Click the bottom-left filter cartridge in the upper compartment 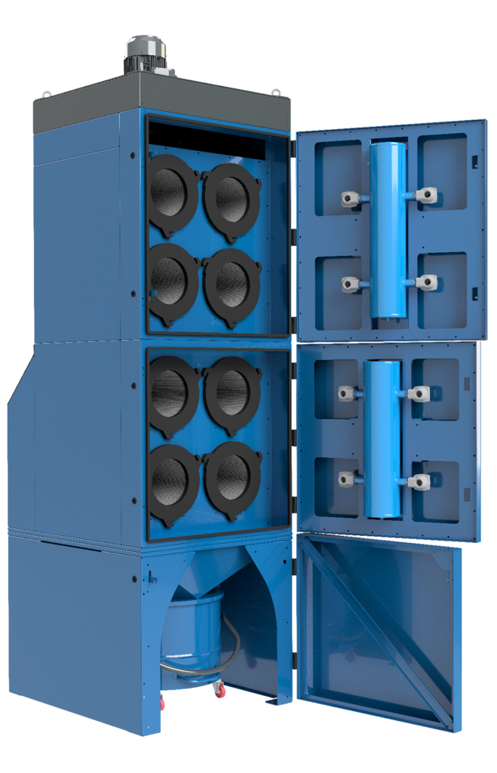click(172, 279)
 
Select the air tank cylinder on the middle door click(382, 439)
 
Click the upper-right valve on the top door click(426, 196)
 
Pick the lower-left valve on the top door click(351, 285)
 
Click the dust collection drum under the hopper click(192, 634)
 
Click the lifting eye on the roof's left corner click(47, 95)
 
